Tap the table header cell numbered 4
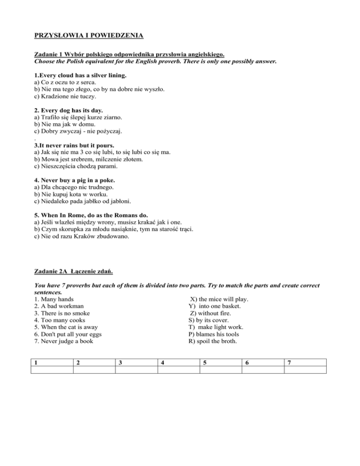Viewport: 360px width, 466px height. [178, 362]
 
